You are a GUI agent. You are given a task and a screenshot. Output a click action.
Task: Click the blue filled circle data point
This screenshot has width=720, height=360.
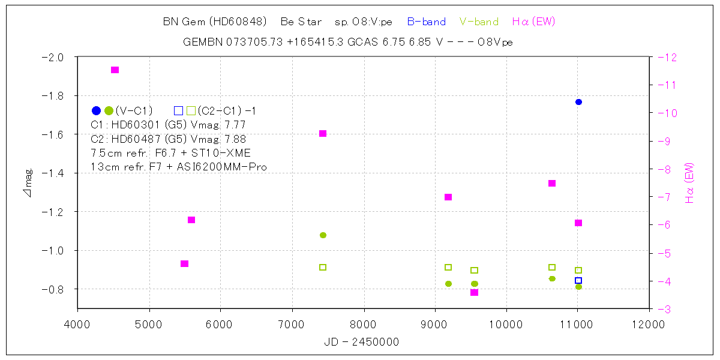578,102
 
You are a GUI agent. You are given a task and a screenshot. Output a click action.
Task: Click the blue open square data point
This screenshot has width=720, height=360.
578,280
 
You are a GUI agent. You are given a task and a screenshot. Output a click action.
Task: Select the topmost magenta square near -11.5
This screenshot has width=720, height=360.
115,70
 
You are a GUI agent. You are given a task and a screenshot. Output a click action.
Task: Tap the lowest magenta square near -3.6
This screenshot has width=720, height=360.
474,292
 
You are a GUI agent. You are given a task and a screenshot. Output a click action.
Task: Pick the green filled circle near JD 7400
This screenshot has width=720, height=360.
323,235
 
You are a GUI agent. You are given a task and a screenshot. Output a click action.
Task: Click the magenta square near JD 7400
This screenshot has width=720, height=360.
323,133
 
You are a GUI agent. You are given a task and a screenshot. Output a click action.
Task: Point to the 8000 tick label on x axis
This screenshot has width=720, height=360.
364,325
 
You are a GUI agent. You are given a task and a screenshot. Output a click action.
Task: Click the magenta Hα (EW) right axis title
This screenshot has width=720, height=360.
689,183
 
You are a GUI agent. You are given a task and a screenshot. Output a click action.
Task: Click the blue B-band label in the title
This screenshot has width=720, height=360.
426,22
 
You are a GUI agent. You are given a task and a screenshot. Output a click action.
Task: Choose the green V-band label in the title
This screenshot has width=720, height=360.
479,22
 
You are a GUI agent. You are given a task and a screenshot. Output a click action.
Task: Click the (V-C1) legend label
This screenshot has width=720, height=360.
134,110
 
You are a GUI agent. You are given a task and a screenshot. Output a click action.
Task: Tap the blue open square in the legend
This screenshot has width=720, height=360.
178,110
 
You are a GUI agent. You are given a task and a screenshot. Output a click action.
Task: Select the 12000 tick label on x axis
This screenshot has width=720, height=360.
649,325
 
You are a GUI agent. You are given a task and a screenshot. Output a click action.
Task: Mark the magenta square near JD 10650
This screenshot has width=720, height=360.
552,183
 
